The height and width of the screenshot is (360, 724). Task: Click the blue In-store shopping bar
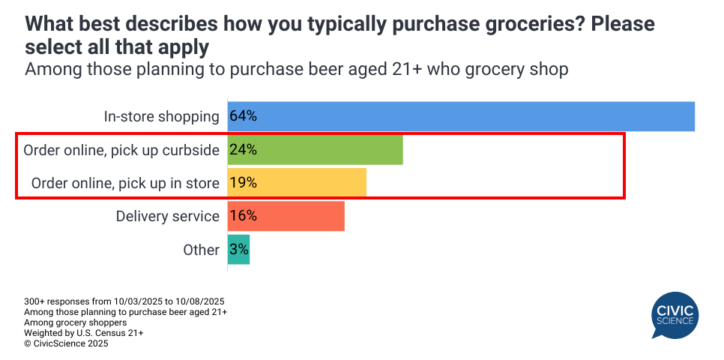pos(461,116)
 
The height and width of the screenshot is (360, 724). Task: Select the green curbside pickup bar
pos(315,150)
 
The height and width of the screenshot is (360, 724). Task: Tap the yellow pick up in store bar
pos(297,183)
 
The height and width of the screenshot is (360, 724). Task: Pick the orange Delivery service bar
pos(286,216)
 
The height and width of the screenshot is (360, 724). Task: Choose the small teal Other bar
pos(238,250)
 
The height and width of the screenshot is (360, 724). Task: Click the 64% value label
pos(244,116)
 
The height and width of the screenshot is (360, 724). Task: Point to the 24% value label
pos(244,150)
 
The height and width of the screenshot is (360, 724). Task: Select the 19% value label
pos(244,183)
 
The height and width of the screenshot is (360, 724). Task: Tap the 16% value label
pos(244,216)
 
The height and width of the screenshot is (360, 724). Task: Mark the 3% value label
pos(239,250)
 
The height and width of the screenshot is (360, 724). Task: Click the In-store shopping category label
pos(161,117)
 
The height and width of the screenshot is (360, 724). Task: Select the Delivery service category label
pos(167,217)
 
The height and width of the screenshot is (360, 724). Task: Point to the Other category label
pos(201,250)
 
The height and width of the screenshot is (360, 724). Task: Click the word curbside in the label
pos(190,151)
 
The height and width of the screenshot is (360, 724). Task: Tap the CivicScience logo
pos(675,315)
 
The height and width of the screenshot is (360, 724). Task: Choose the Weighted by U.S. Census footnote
pos(83,333)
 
